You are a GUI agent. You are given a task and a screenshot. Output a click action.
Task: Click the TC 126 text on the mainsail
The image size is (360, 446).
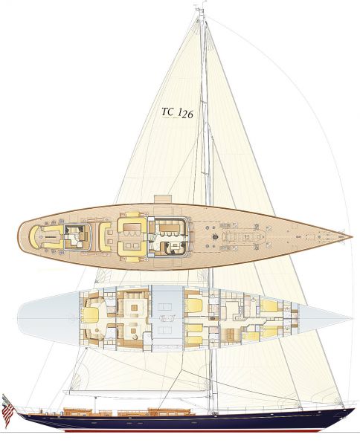[x=177, y=113]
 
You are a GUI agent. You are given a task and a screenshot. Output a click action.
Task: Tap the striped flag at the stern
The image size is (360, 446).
[x=7, y=410]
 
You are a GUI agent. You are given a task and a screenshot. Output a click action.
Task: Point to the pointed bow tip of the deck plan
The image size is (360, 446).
[x=352, y=236]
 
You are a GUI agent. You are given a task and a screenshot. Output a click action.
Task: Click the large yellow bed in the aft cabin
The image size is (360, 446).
[x=90, y=315]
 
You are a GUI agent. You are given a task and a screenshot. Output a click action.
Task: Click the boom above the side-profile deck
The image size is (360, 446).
[x=137, y=392]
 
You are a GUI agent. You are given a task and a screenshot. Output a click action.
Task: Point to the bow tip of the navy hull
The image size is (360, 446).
[x=354, y=409]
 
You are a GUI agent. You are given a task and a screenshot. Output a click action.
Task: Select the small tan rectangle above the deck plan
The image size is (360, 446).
[x=163, y=199]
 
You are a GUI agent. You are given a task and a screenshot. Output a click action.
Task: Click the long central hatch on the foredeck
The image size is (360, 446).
[x=244, y=236]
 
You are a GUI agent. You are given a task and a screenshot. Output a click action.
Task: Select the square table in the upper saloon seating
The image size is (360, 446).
[x=134, y=308]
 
